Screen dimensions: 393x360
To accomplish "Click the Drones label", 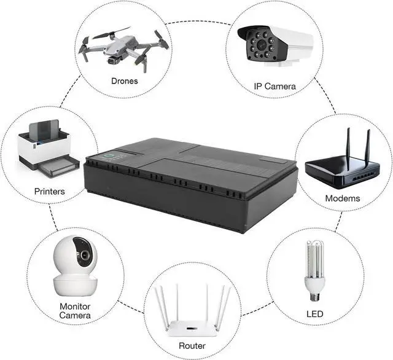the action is pos(124,80).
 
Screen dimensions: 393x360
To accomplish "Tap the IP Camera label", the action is pos(274,86).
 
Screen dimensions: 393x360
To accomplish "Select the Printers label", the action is pos(49,191).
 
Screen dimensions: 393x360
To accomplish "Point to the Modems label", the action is pos(343,198).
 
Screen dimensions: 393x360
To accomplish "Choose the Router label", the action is pos(192,346).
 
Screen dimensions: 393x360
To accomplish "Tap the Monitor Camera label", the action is pos(75,311).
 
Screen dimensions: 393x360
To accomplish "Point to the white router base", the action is pos(192,326).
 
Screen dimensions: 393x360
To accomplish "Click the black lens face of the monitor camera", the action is pos(84,253).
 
